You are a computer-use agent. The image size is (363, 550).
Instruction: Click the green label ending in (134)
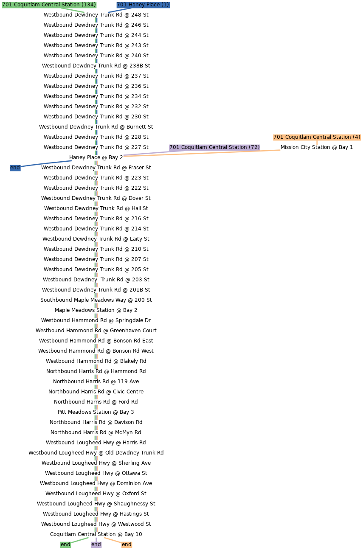(x=49, y=5)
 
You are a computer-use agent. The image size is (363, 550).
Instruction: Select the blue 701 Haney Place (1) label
(x=143, y=5)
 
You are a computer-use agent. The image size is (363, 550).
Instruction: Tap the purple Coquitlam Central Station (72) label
(x=214, y=147)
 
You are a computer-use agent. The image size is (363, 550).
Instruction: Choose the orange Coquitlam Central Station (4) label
(x=317, y=137)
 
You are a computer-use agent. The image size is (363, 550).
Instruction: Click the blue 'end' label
(x=15, y=168)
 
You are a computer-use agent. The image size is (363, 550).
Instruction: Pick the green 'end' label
(x=65, y=544)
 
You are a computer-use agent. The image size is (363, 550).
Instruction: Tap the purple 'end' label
(x=96, y=544)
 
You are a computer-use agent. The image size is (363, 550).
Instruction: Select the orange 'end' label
(x=127, y=544)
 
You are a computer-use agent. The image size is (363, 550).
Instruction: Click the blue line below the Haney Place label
(x=119, y=10)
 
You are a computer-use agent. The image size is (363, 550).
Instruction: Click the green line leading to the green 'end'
(x=80, y=540)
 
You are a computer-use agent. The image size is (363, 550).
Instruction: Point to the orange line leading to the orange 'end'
(x=113, y=540)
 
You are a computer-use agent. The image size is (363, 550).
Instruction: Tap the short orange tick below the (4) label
(x=317, y=143)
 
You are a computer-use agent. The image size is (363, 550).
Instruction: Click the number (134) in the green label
(x=88, y=5)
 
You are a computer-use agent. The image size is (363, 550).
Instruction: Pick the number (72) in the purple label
(x=254, y=147)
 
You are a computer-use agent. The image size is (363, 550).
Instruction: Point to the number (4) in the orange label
(x=356, y=137)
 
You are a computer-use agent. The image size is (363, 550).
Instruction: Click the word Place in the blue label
(x=153, y=5)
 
